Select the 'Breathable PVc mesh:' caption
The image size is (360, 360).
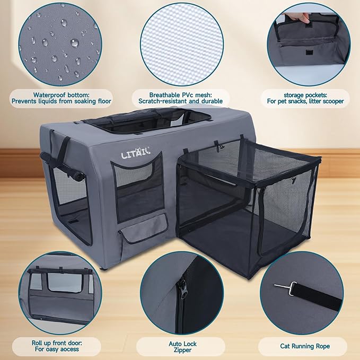tap(181, 94)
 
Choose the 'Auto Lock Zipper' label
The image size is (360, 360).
tap(182, 347)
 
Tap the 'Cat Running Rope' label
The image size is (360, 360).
tap(304, 346)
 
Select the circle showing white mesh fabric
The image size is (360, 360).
tap(180, 45)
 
